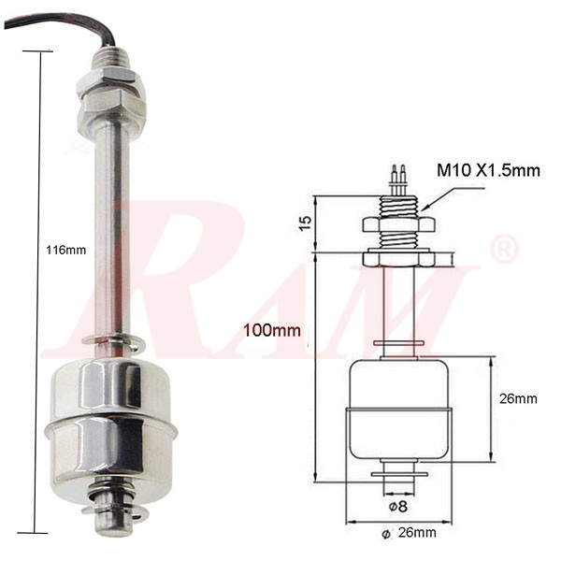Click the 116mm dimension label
(x=65, y=250)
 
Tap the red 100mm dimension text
(x=271, y=330)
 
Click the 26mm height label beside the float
(x=518, y=398)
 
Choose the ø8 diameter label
(x=398, y=506)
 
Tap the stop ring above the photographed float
(x=110, y=341)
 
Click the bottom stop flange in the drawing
(x=399, y=474)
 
